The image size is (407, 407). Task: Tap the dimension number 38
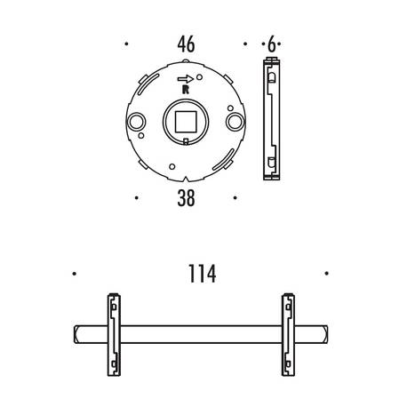185,199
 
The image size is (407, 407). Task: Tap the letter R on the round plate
184,89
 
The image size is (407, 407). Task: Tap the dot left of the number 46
127,44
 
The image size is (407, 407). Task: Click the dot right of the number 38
234,198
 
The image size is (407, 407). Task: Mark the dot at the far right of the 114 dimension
327,274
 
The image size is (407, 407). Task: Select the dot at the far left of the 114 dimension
76,274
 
